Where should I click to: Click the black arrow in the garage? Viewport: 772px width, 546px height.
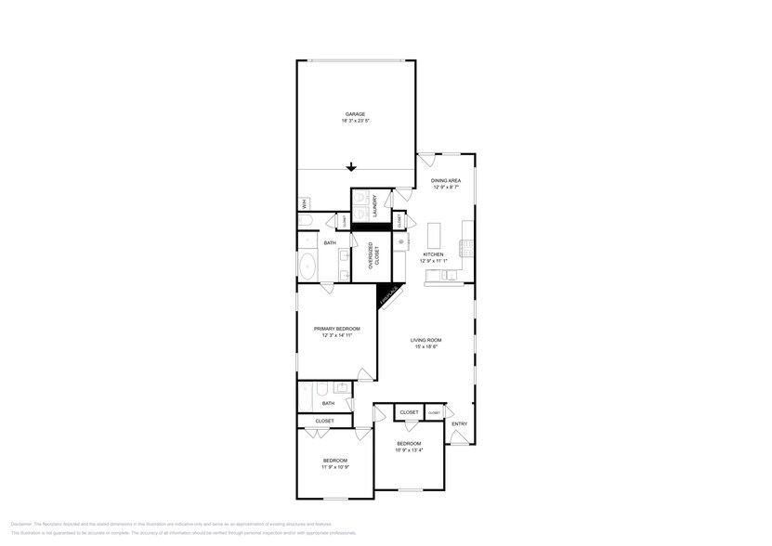click(351, 167)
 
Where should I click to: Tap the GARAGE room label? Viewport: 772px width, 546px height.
click(355, 114)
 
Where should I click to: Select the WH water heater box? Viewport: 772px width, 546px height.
click(303, 203)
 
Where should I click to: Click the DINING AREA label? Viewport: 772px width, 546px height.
click(446, 180)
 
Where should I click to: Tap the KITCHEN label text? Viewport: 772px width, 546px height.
click(433, 253)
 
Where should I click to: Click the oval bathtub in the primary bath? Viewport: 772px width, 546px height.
click(308, 265)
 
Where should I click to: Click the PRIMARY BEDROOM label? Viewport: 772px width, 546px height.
click(336, 329)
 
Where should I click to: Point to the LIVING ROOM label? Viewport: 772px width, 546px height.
click(426, 340)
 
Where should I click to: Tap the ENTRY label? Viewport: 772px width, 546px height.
click(459, 424)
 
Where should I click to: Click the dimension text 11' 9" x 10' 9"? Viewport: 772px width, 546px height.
click(335, 468)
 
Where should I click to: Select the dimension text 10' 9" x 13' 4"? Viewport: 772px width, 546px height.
click(409, 450)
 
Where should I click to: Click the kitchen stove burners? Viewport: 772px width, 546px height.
click(402, 243)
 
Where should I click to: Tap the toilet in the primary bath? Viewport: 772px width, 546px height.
click(305, 220)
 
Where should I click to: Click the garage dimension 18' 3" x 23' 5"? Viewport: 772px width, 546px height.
click(355, 122)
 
